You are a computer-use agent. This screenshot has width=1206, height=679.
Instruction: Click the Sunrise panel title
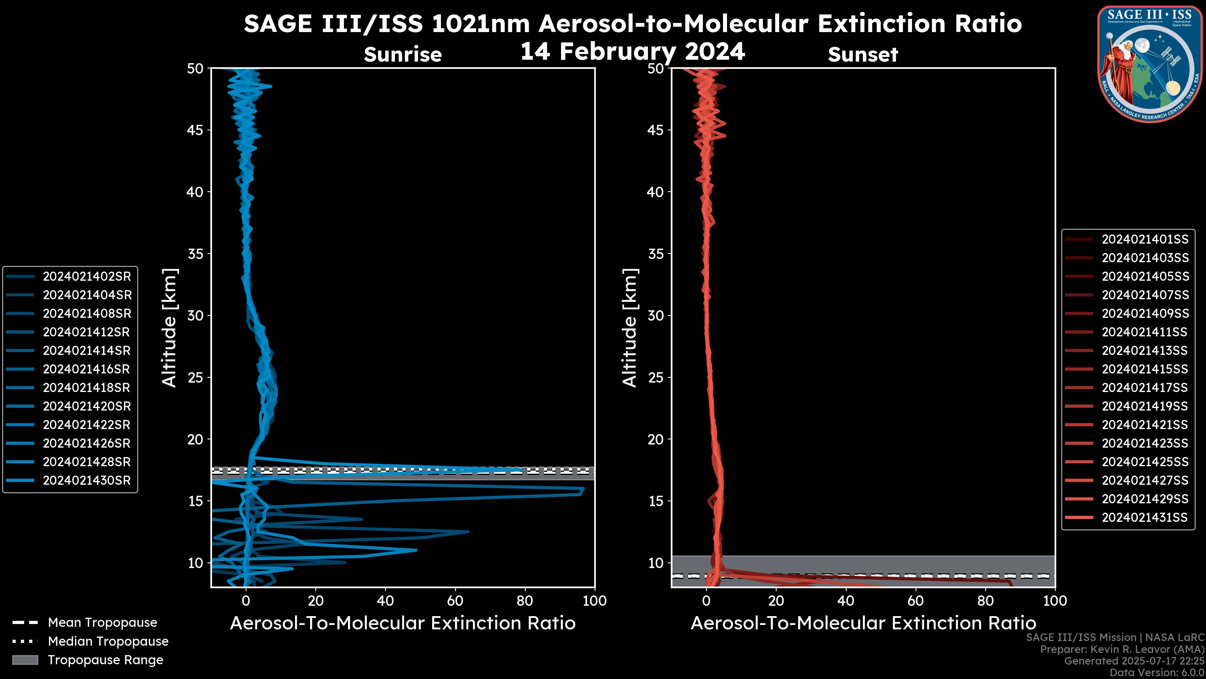coord(403,55)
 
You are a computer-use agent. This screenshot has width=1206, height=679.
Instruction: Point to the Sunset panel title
coord(863,55)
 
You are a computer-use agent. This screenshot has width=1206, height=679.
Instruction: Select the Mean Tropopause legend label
coord(102,623)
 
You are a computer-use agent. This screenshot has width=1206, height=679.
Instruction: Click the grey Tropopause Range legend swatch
coord(25,660)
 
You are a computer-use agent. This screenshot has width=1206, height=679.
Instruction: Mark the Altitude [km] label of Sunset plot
coord(630,328)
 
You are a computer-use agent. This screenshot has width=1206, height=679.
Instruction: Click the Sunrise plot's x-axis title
coord(403,623)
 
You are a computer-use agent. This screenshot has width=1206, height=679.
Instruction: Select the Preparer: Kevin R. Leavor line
coord(1122,649)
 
